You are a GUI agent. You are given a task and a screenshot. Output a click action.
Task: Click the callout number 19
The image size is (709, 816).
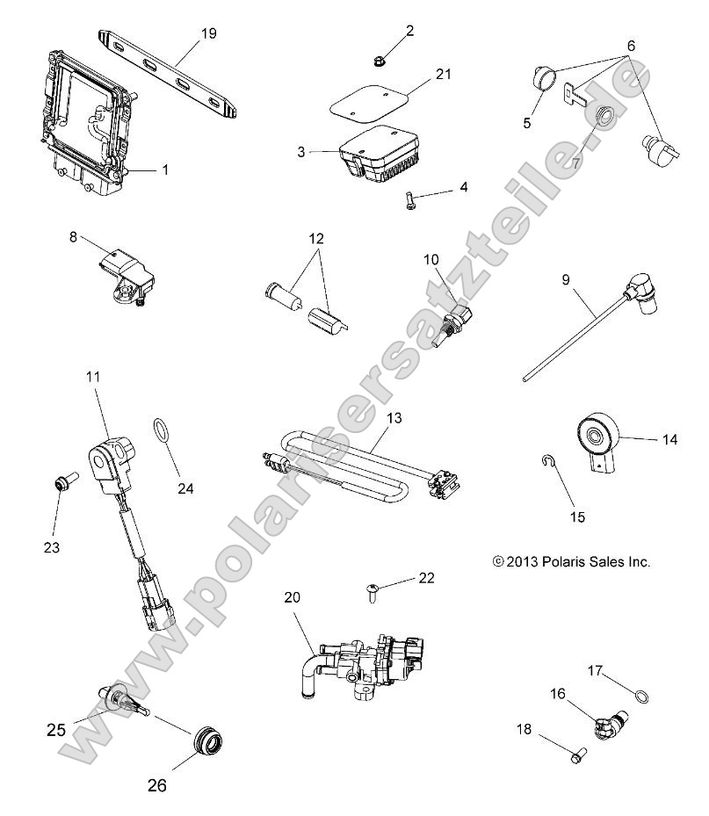[208, 33]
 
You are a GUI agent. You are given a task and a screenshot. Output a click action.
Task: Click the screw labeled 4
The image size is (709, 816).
[412, 199]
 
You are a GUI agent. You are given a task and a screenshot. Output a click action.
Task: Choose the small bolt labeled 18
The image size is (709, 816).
[580, 753]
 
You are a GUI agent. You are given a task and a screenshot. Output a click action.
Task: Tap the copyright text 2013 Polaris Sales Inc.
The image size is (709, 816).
[571, 561]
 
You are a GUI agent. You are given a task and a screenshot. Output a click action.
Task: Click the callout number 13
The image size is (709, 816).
[394, 419]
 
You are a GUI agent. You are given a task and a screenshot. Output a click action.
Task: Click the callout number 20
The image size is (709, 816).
[293, 597]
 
